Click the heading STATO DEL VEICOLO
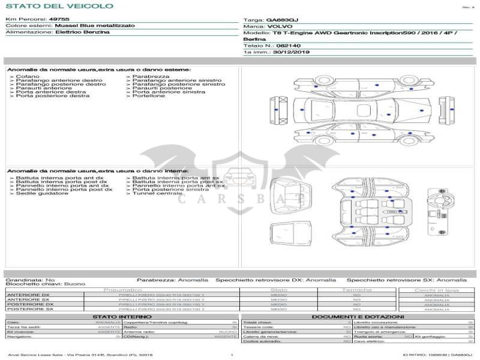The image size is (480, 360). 59,6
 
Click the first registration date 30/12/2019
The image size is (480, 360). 292,52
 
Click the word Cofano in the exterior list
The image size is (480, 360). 28,77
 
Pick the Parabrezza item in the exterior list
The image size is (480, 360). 151,77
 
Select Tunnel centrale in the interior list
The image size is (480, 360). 157,194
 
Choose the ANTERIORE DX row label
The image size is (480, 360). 28,295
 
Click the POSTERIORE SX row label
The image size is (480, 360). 29,309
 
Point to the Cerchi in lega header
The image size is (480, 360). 436,290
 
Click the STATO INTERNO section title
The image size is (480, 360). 122,316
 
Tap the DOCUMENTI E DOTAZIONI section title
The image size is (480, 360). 358,316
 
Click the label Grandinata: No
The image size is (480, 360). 30,280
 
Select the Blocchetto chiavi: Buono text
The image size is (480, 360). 45,284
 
